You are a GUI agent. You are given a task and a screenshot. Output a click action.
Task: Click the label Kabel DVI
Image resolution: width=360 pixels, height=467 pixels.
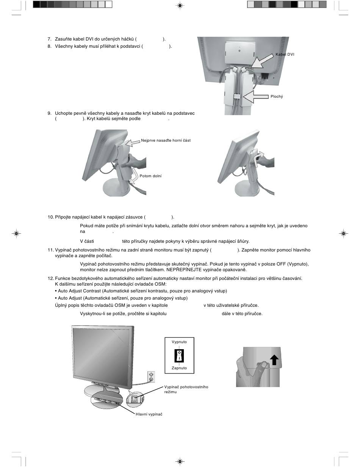[285, 55]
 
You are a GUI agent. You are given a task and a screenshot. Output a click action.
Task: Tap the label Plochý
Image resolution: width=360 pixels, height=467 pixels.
[277, 97]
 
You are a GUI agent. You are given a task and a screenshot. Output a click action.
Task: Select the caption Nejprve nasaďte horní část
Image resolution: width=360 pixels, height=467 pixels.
[166, 141]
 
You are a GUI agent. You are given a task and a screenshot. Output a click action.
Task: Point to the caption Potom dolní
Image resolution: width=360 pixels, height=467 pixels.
[150, 176]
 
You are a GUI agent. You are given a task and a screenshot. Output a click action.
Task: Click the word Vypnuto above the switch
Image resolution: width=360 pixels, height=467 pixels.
[179, 342]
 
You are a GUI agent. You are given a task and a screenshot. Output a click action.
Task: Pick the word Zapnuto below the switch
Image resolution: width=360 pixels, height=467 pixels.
[179, 368]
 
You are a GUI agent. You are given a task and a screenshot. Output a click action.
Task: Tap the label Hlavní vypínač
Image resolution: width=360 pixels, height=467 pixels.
[149, 414]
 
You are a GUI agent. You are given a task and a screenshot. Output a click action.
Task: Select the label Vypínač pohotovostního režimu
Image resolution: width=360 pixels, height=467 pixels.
[186, 389]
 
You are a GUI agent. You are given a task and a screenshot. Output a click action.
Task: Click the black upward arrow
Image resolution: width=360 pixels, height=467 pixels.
[274, 360]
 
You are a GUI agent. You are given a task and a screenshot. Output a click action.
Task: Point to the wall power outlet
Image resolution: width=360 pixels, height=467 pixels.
[151, 377]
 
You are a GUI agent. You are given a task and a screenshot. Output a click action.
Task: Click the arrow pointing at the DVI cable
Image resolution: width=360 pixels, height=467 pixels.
[263, 61]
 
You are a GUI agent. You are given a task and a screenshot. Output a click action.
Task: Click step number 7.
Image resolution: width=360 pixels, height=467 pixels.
[49, 39]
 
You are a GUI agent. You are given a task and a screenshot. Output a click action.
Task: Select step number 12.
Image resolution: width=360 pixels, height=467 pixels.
[51, 278]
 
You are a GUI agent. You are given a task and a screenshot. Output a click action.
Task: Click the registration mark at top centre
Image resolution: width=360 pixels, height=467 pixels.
[180, 5]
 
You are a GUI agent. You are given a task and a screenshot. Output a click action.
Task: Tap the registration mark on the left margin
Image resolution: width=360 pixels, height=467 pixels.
[16, 233]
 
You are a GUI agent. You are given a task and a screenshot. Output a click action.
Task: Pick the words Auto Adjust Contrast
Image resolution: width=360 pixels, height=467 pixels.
[79, 291]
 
